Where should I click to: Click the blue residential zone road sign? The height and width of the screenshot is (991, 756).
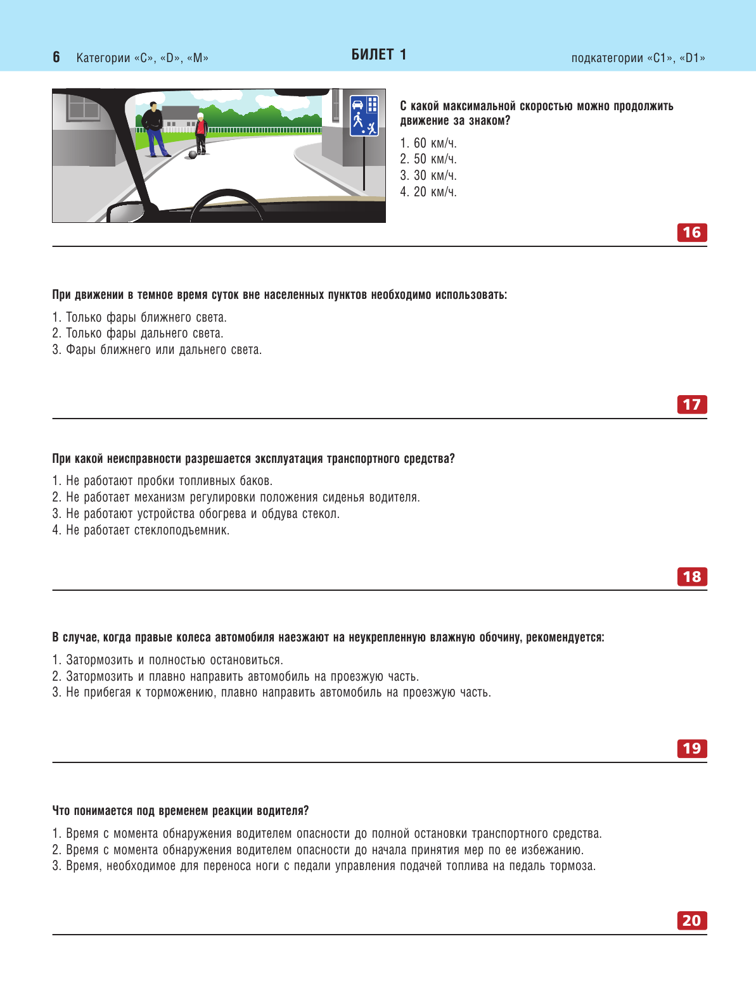click(364, 115)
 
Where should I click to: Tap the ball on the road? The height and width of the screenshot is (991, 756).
click(193, 154)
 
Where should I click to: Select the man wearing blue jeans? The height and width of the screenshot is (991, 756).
click(153, 130)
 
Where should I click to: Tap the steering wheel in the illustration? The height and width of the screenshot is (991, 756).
click(228, 206)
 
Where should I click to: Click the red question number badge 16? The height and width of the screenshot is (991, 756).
click(691, 232)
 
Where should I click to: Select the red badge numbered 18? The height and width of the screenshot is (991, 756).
click(691, 576)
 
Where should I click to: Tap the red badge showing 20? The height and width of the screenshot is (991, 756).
click(691, 920)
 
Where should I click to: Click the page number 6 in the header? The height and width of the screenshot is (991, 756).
click(56, 57)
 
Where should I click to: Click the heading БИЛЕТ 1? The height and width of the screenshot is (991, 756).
click(379, 54)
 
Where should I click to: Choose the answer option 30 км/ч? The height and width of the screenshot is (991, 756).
click(428, 175)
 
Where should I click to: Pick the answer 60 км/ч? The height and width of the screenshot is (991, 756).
click(428, 143)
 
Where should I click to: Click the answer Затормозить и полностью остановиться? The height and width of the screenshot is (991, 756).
click(168, 660)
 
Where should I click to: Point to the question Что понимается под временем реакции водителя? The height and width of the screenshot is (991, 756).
click(181, 811)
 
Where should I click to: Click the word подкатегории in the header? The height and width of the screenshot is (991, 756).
click(606, 58)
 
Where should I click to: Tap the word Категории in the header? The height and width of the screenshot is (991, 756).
click(103, 58)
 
